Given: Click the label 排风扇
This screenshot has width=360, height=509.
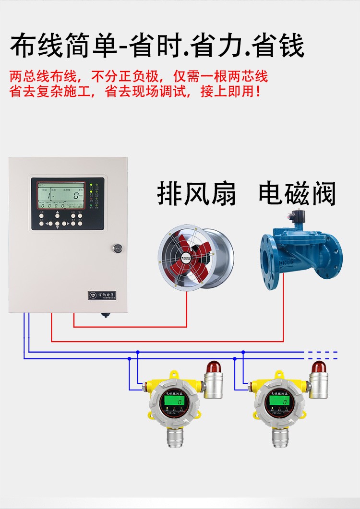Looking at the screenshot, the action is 197,194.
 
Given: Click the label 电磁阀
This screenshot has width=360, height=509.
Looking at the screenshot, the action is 297,193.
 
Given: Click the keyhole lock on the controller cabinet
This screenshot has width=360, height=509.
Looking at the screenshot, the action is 117,248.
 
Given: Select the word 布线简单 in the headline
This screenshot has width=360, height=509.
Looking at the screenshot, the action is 62,47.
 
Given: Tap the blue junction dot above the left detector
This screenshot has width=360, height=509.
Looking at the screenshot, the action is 138,352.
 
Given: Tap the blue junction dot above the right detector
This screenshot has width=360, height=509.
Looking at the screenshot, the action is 243,352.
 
